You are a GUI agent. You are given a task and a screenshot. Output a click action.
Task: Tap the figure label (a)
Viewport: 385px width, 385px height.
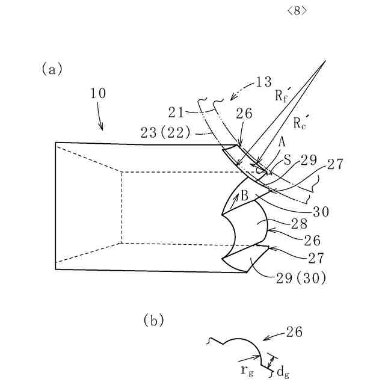(x=52, y=69)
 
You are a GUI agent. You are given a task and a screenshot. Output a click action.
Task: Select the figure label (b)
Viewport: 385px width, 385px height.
(x=154, y=320)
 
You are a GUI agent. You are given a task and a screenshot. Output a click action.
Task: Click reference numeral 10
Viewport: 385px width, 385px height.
(x=98, y=93)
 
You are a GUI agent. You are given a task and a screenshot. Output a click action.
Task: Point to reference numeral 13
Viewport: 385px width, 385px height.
(x=263, y=82)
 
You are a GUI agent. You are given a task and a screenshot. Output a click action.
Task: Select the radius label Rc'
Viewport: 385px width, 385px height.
(x=302, y=123)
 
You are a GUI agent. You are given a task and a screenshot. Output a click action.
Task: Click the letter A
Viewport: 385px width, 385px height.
(x=282, y=142)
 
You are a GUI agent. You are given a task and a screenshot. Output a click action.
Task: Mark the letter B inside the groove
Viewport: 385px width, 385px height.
(x=245, y=195)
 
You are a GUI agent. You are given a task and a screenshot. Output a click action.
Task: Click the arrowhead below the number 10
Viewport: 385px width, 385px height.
(x=102, y=128)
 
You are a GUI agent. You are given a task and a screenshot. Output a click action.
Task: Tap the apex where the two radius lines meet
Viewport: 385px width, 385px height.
(x=325, y=60)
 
